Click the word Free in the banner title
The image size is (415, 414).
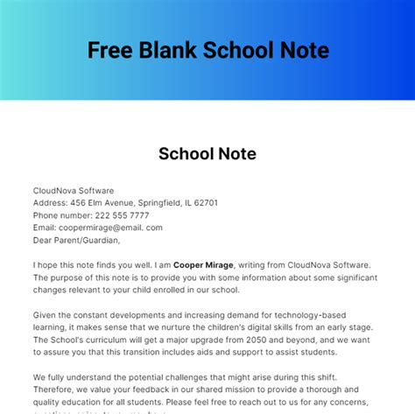(109, 50)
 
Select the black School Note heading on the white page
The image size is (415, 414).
(207, 154)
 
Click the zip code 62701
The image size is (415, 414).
(201, 202)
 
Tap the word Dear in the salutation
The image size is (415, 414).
(43, 240)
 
